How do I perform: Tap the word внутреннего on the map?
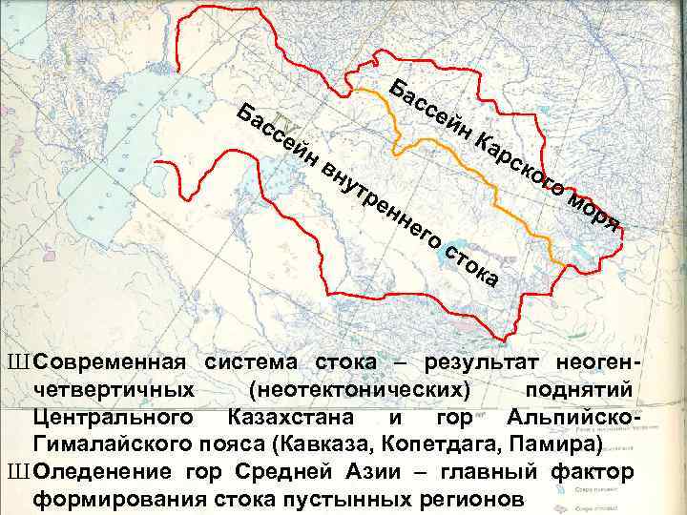381,204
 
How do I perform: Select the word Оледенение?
102,471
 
